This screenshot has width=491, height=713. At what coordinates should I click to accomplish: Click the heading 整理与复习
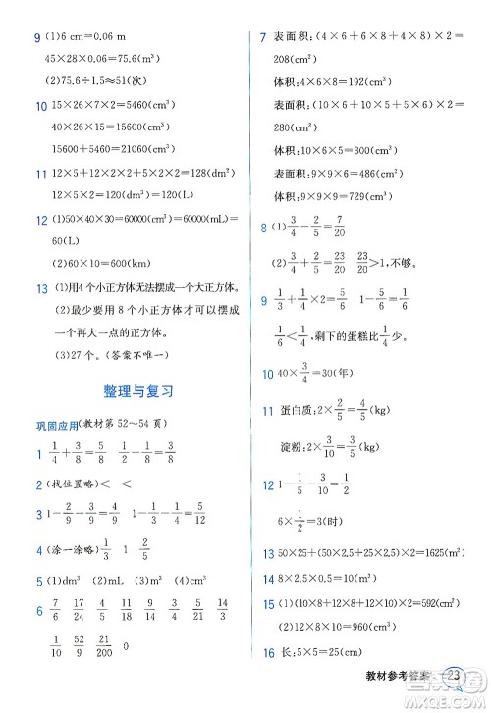click(x=137, y=390)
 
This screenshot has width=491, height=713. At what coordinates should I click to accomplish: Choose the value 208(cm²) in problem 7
click(x=292, y=59)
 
